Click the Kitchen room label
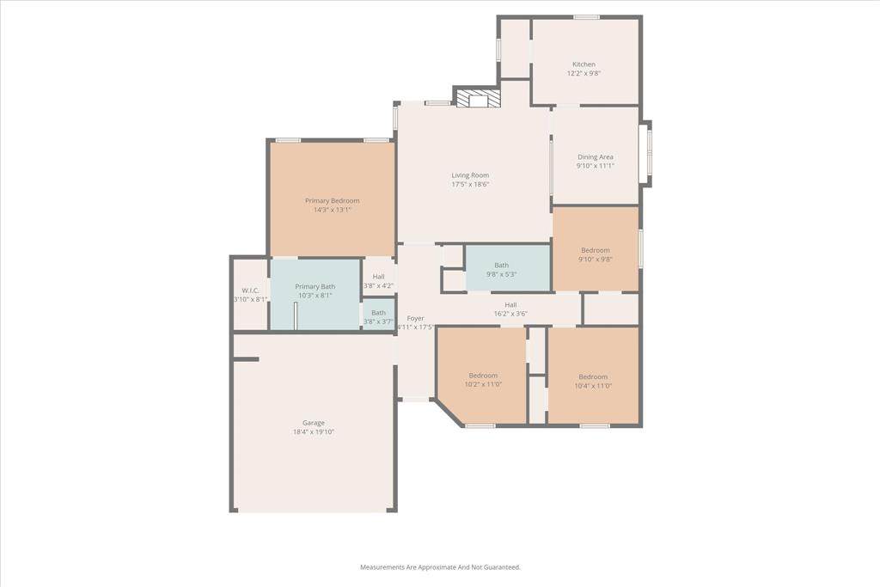(x=584, y=64)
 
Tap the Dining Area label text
(x=595, y=157)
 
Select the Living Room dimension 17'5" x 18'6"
(x=470, y=184)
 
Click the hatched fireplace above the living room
(x=477, y=99)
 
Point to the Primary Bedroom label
(x=333, y=201)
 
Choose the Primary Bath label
(x=315, y=287)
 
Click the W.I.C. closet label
(x=250, y=290)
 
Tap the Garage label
(x=313, y=423)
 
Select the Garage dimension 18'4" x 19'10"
(x=313, y=432)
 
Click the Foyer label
(x=415, y=318)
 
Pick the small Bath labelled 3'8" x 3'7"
(x=378, y=317)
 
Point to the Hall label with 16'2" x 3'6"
(x=510, y=309)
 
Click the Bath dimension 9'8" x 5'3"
(x=502, y=274)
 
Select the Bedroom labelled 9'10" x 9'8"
(x=596, y=254)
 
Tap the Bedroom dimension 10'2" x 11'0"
(x=483, y=384)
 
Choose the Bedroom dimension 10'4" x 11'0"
(x=593, y=386)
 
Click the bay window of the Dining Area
(x=647, y=153)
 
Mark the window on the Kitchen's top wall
(x=586, y=17)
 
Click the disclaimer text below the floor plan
(x=440, y=567)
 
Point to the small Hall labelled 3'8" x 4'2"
(x=378, y=281)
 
